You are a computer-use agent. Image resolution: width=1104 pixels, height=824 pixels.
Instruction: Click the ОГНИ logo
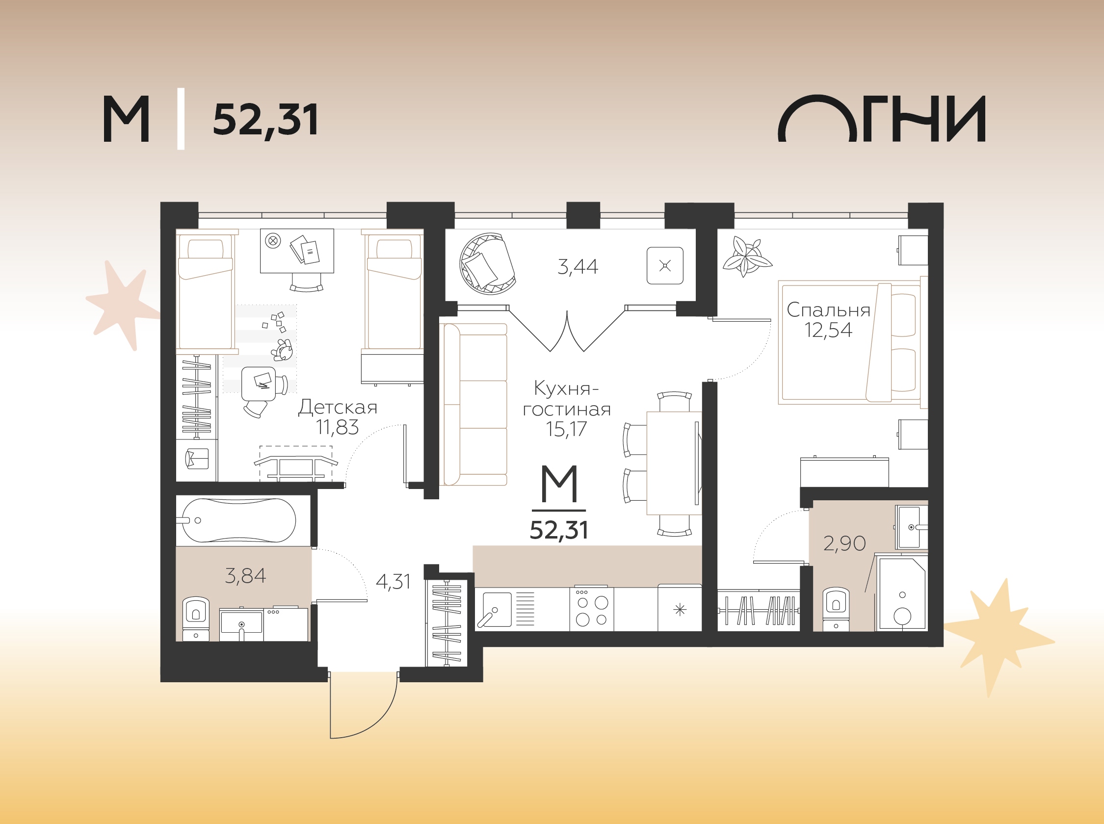point(882,118)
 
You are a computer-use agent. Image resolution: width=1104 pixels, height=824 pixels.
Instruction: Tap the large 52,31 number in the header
point(265,120)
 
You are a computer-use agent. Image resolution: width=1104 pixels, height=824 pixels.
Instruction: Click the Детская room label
point(338,408)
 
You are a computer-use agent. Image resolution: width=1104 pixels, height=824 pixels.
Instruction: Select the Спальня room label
point(828,310)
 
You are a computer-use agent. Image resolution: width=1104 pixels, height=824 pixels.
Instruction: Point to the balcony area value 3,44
point(578,267)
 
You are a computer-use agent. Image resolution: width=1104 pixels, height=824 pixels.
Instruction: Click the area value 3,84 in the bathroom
point(245,576)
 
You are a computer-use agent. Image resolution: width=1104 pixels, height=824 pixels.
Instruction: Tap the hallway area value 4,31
point(393,582)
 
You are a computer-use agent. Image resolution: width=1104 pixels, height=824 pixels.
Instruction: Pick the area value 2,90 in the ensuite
point(844,543)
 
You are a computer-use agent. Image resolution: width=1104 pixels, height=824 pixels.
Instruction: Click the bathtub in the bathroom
point(238,520)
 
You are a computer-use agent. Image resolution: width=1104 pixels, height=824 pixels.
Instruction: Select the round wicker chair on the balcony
point(488,263)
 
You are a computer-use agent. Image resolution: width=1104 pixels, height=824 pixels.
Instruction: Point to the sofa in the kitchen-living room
point(475,404)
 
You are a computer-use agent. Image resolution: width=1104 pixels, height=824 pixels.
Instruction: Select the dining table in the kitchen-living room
point(674,463)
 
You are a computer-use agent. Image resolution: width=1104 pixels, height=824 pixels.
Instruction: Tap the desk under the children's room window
point(297,251)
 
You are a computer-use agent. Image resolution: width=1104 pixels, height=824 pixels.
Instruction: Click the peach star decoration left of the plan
point(122,304)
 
